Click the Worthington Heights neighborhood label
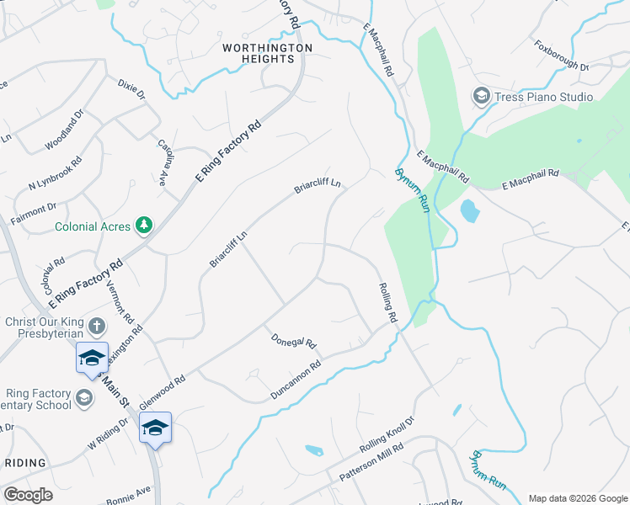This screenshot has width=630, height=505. coord(267,53)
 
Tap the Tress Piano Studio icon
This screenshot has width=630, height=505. coord(481,97)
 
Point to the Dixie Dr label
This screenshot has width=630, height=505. coord(131,88)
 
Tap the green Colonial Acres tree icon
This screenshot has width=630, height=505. coord(146,226)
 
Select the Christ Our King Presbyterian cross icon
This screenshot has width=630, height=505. coord(97,326)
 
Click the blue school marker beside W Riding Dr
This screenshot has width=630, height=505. coord(156,428)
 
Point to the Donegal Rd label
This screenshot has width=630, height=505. coord(293,340)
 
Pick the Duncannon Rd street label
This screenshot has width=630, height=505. coord(296,380)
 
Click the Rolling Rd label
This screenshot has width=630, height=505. coord(387,302)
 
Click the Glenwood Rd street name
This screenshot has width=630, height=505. coord(162,393)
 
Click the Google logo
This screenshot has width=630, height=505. coord(28,495)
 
